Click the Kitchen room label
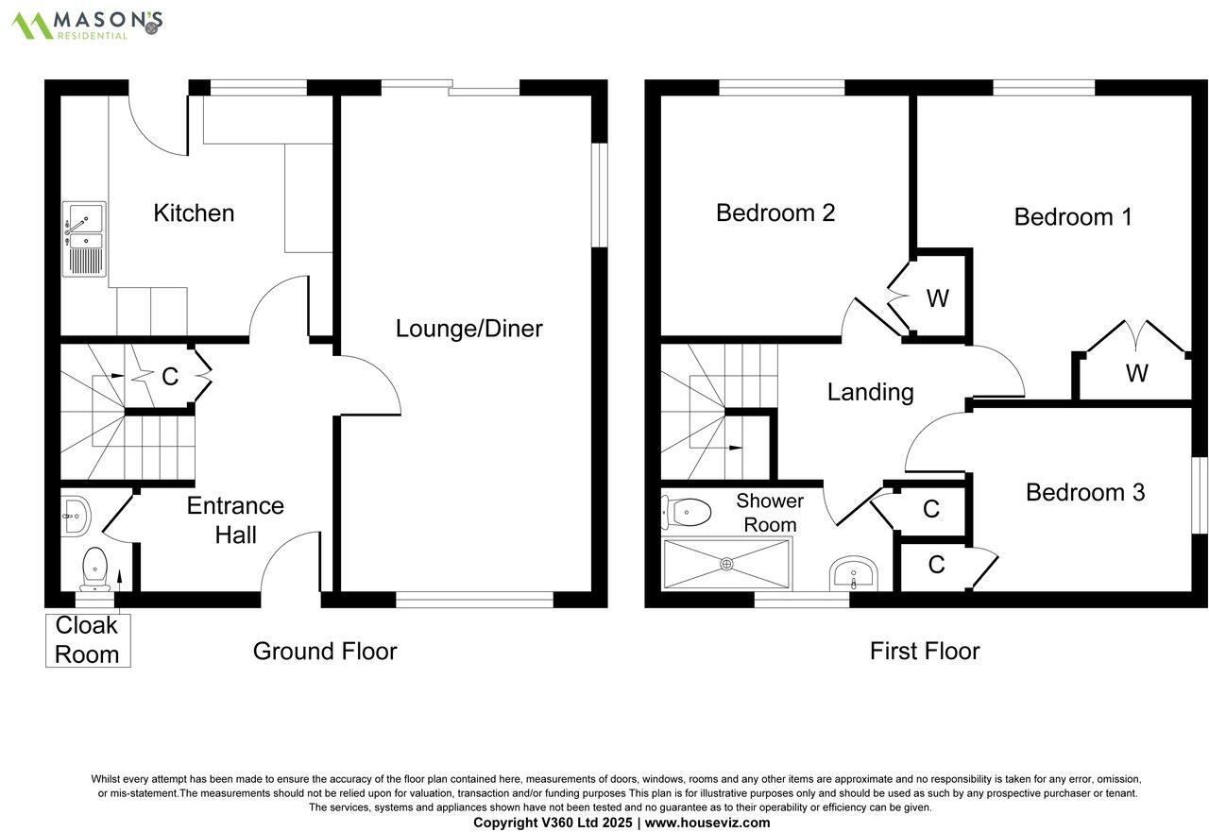[194, 213]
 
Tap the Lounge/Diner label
[469, 329]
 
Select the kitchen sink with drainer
[84, 239]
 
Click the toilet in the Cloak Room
[95, 569]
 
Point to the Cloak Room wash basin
[75, 517]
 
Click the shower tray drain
[727, 564]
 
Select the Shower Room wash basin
[854, 574]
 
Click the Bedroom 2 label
[775, 212]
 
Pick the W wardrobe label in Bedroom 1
[1136, 373]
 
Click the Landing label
[871, 393]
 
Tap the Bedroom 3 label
[1085, 492]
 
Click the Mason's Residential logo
[87, 25]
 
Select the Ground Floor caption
[325, 652]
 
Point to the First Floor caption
[925, 652]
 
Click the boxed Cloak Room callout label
[88, 640]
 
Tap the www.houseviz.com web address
[707, 823]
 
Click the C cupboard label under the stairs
[170, 377]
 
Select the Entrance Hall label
[235, 520]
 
